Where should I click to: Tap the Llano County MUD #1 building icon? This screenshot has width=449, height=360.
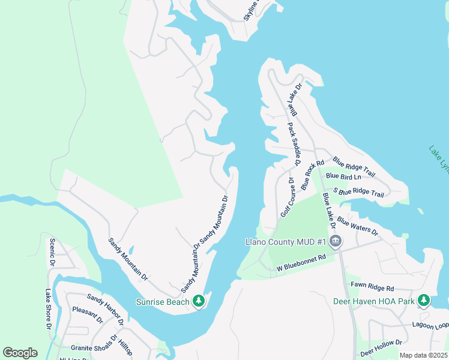(335, 242)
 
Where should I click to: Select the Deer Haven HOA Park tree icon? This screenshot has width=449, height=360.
(424, 299)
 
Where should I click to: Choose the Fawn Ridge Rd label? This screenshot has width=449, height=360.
(372, 289)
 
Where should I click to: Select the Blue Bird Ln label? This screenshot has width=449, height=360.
(344, 177)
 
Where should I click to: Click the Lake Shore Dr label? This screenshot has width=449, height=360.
(49, 309)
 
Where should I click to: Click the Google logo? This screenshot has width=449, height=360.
(20, 353)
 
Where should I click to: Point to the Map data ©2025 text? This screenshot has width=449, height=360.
(423, 355)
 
